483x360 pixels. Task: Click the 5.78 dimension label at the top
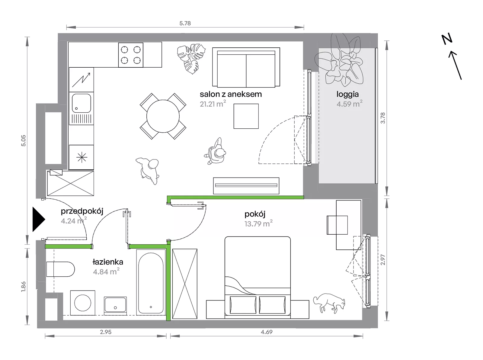(x=185, y=23)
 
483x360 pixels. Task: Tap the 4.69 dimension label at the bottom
(x=267, y=332)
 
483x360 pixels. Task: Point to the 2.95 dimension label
(x=106, y=332)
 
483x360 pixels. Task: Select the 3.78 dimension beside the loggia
(x=382, y=118)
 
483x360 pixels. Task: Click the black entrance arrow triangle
(x=38, y=219)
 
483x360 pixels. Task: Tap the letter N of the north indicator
(x=447, y=40)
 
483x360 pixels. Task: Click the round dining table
(x=163, y=116)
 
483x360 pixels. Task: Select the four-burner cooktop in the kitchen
(x=131, y=55)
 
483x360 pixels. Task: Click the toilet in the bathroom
(x=60, y=269)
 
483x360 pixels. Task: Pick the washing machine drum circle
(x=83, y=303)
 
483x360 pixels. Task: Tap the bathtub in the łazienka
(x=151, y=282)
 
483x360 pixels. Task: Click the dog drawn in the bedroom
(x=329, y=303)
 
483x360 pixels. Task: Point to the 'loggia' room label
(x=347, y=94)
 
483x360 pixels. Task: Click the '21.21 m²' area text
(x=213, y=104)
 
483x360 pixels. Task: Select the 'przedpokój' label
(x=82, y=211)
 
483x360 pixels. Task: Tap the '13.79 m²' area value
(x=258, y=223)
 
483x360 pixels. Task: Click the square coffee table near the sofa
(x=246, y=116)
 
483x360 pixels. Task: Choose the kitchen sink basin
(x=81, y=103)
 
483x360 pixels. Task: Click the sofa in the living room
(x=246, y=67)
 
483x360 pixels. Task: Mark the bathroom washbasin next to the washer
(x=115, y=305)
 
